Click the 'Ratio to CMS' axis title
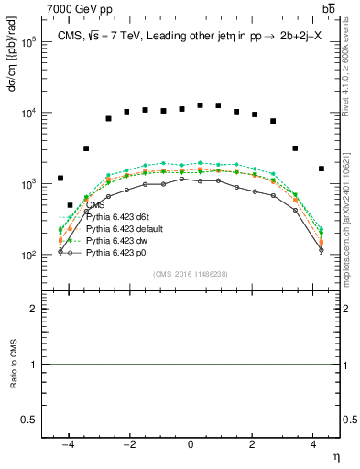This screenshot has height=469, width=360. click(x=15, y=364)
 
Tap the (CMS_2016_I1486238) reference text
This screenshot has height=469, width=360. click(x=190, y=274)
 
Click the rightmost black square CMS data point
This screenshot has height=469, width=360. click(x=321, y=169)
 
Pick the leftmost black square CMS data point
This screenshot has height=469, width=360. click(x=60, y=179)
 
